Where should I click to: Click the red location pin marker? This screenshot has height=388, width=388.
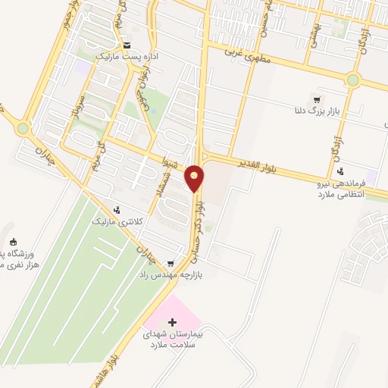click(x=195, y=178)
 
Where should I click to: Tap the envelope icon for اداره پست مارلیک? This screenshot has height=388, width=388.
click(x=126, y=45)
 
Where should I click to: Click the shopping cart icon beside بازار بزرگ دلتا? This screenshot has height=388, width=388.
click(x=316, y=99)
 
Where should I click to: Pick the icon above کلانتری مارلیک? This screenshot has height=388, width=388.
click(x=116, y=210)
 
